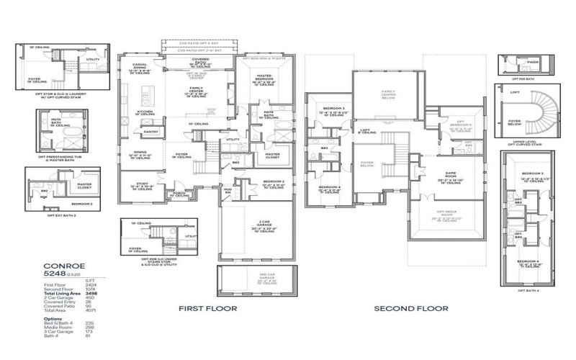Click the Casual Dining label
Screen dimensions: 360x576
(x=140, y=67)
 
